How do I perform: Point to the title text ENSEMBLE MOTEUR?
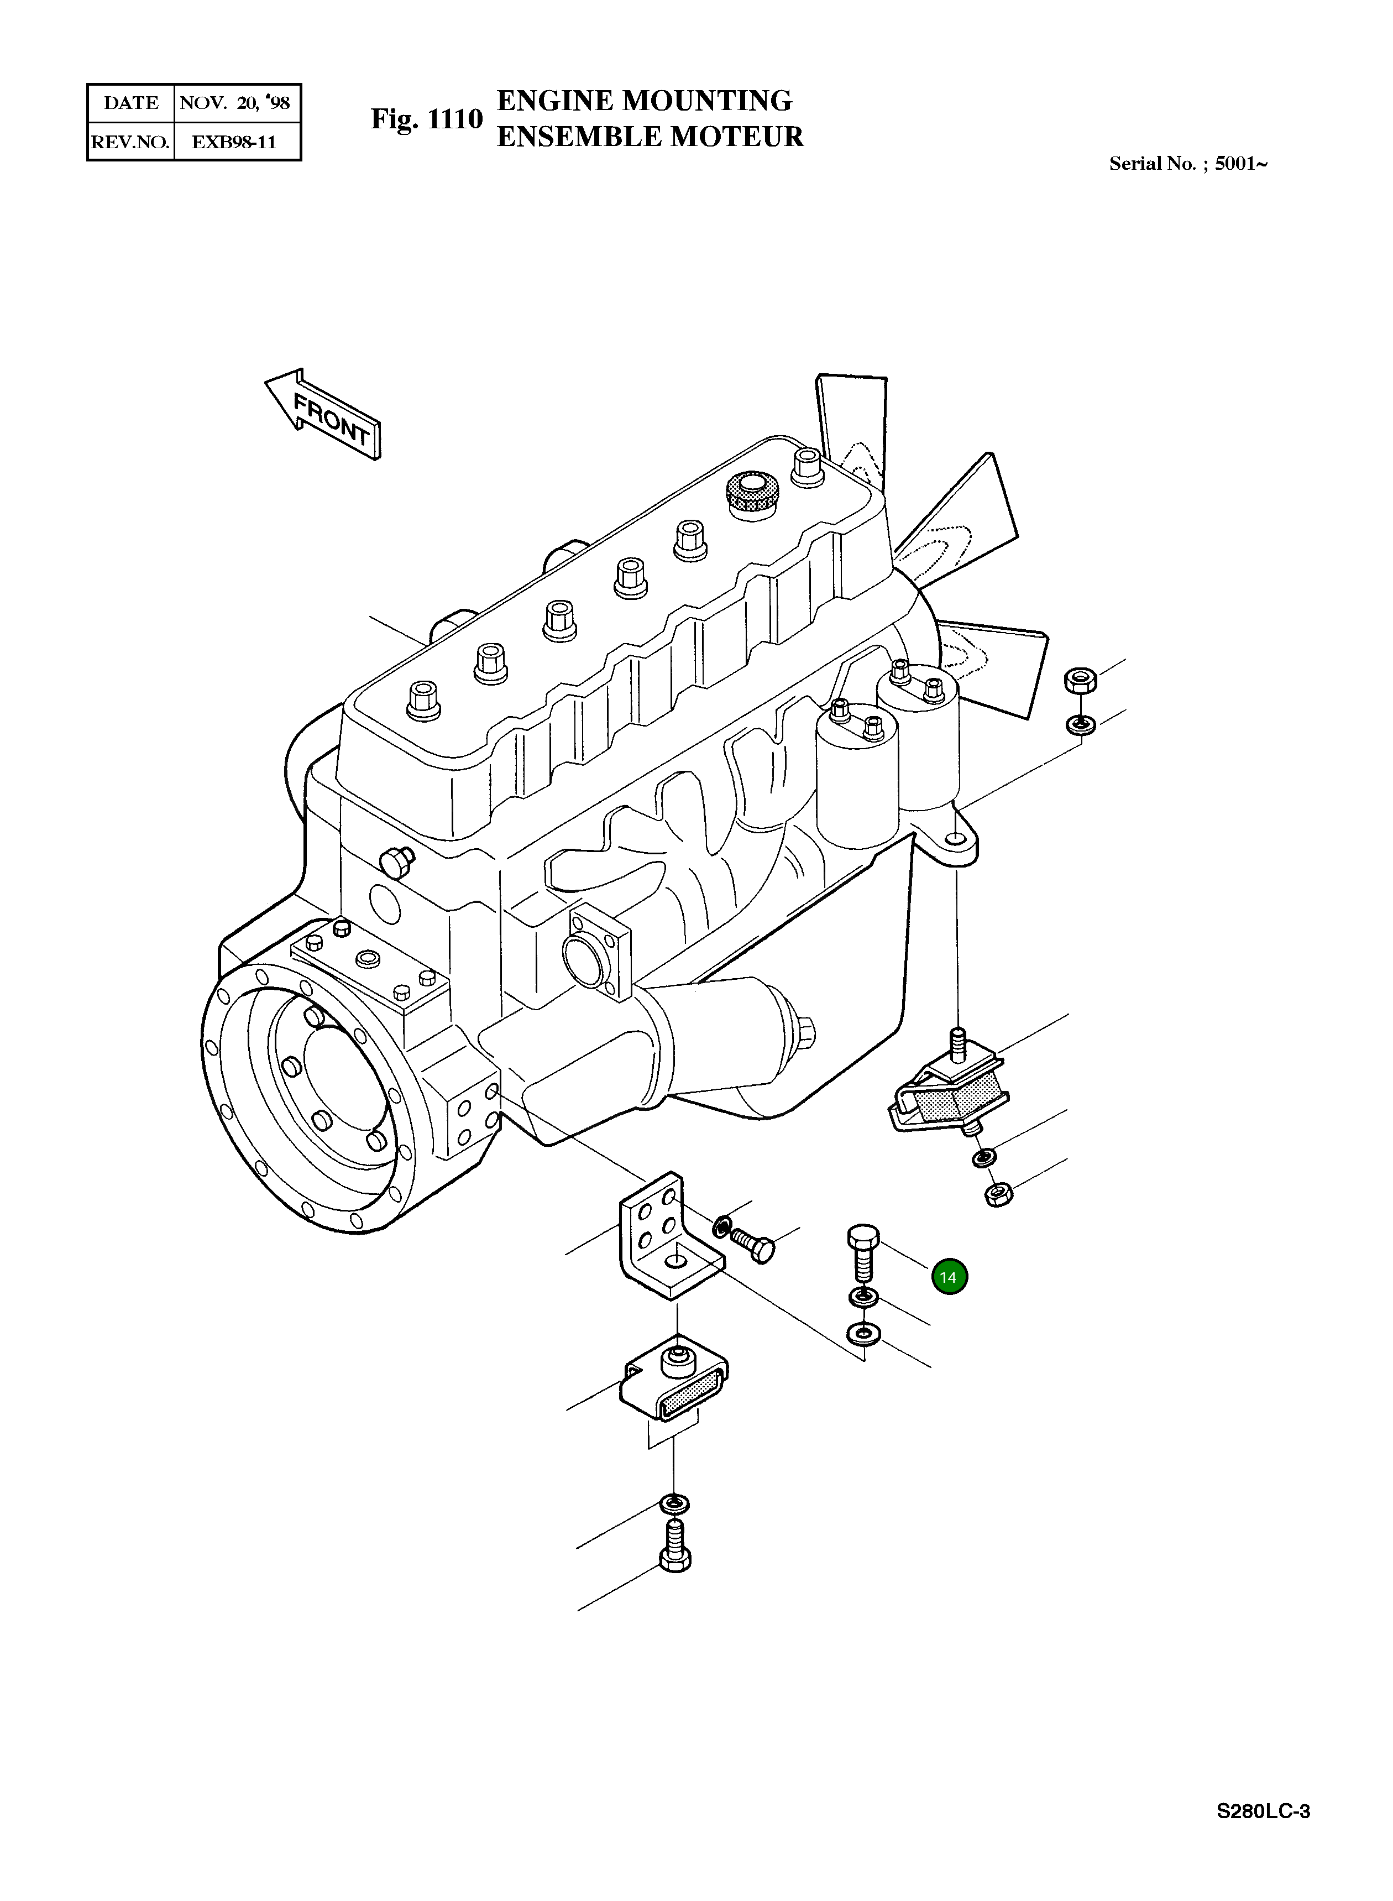[650, 137]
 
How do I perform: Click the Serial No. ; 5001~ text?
[1187, 164]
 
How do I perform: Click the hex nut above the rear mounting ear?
[1080, 679]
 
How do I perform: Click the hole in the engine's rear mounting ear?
[954, 839]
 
